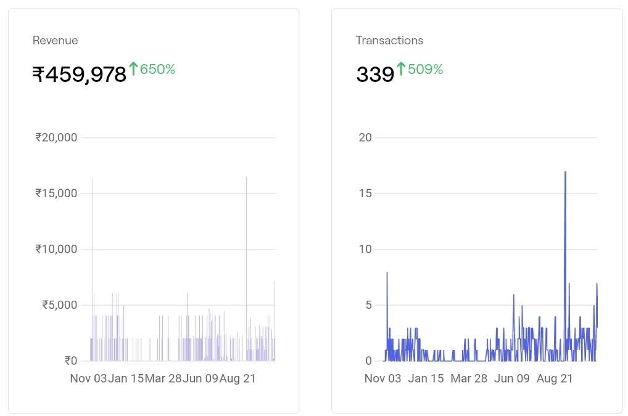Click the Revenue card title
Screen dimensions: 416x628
coord(55,41)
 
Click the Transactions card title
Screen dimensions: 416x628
coord(389,41)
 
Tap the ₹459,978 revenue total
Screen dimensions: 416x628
coord(80,75)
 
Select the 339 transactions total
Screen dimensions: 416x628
coord(375,75)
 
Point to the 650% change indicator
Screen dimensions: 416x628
coord(157,69)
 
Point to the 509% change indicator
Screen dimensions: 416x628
coord(425,69)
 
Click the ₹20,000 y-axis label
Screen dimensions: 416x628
coord(57,137)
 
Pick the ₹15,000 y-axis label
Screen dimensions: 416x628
coord(57,194)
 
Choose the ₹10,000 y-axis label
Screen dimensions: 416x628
coord(57,249)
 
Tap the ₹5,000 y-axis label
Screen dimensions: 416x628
coord(60,305)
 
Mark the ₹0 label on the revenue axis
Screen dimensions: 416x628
coord(70,361)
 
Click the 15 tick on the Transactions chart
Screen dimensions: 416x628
coord(365,194)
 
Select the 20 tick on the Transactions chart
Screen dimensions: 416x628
coord(365,137)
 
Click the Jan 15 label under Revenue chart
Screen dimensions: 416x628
coord(126,378)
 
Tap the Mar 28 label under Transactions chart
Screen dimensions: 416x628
coord(469,378)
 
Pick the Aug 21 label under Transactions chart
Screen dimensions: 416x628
coord(555,378)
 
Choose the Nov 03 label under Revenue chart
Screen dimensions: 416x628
coord(88,378)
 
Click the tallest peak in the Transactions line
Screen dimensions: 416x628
coord(565,173)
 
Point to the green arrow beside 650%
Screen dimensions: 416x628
coord(133,68)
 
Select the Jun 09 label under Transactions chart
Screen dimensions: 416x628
coord(512,378)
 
